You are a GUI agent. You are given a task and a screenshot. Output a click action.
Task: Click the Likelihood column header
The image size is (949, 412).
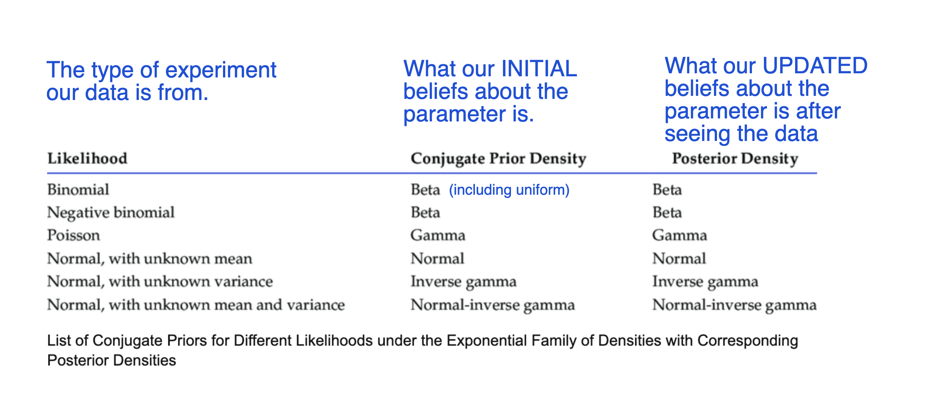(87, 158)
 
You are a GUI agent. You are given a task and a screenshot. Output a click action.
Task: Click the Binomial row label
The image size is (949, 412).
(78, 189)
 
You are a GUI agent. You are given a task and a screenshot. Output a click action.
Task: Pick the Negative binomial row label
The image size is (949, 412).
(111, 213)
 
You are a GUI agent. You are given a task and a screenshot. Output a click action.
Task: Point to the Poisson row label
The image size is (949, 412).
(74, 235)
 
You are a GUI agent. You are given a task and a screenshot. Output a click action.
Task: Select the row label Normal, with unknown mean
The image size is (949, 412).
(150, 259)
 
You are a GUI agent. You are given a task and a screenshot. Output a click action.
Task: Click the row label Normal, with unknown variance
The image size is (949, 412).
(160, 282)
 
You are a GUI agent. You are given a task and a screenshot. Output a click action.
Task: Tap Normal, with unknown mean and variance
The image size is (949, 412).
(196, 304)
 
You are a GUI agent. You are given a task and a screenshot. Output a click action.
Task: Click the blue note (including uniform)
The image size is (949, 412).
(509, 190)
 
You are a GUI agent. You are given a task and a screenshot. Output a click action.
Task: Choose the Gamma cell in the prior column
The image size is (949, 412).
(438, 235)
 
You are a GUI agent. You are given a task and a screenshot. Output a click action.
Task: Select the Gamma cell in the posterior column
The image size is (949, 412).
(679, 235)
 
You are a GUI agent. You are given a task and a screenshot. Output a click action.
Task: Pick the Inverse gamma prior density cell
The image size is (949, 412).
(464, 282)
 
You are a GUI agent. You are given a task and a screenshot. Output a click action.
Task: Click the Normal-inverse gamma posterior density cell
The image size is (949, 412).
(734, 305)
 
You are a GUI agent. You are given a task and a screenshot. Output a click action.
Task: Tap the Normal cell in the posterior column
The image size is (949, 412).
(679, 259)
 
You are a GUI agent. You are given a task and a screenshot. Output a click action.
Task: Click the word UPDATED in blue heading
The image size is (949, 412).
(815, 65)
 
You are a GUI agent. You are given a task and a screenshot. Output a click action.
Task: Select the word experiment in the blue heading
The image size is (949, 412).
(221, 71)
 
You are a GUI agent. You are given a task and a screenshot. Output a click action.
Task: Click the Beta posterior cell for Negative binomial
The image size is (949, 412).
(667, 212)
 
